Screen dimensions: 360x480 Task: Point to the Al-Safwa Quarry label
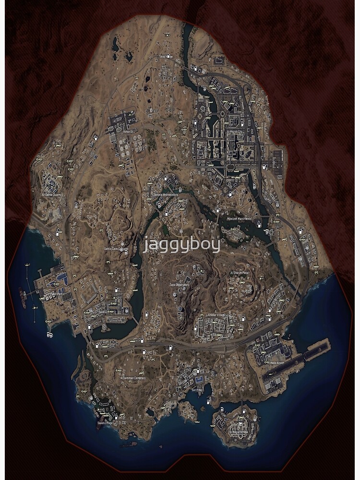tap(52, 195)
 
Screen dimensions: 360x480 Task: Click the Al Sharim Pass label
tap(239, 273)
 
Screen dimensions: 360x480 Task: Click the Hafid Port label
tap(54, 294)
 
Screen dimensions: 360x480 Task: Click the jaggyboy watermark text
tap(182, 244)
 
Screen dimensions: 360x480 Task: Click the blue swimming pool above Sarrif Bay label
tap(198, 380)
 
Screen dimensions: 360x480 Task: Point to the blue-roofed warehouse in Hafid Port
tap(62, 277)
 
